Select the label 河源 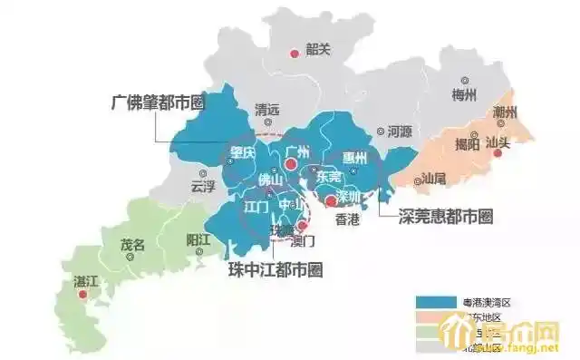click(399, 131)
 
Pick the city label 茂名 click(132, 245)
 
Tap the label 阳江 click(198, 238)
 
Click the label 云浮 click(203, 187)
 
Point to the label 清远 click(268, 107)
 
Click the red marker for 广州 click(290, 165)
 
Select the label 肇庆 click(242, 152)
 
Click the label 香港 click(347, 219)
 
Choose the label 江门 click(256, 206)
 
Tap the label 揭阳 click(467, 143)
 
